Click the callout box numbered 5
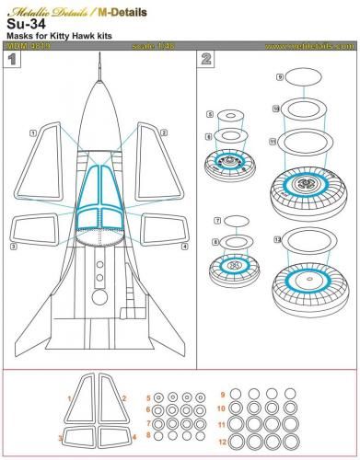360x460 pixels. tap(210, 114)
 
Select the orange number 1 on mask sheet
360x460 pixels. tap(70, 397)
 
